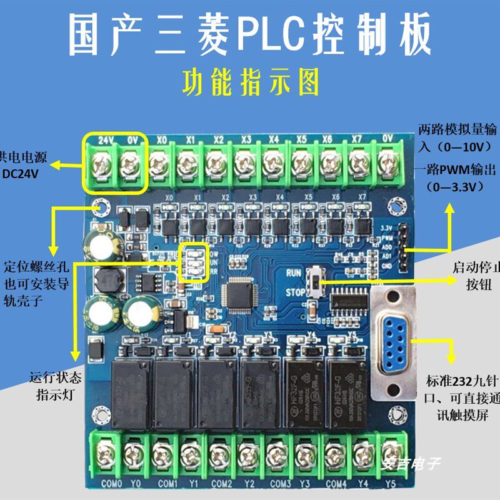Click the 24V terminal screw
(101, 165)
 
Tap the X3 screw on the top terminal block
(244, 165)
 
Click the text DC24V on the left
(20, 174)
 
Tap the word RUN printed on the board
(295, 272)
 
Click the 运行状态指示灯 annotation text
(56, 387)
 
